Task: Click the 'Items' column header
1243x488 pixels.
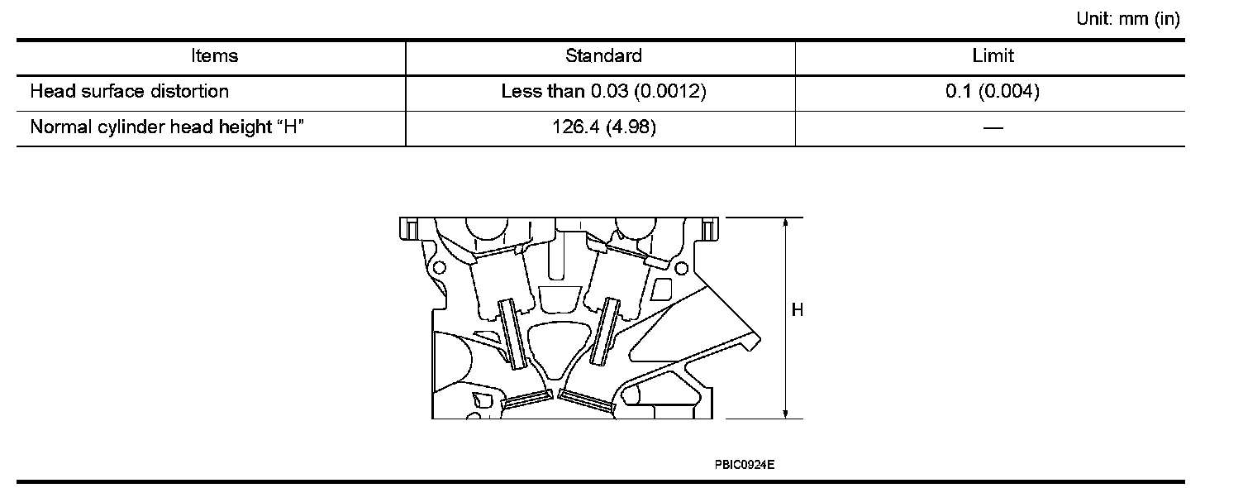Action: coord(214,55)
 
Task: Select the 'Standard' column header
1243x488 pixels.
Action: coord(603,55)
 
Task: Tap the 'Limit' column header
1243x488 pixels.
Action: coord(993,55)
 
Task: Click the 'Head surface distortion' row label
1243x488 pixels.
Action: coord(129,91)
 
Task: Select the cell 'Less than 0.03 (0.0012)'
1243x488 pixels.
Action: coord(603,91)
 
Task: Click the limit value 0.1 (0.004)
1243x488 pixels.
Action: coord(993,91)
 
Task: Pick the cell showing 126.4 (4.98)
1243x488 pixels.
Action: coord(604,127)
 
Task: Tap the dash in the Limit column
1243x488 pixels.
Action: coord(993,128)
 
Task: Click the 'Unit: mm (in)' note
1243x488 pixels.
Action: coord(1127,19)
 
